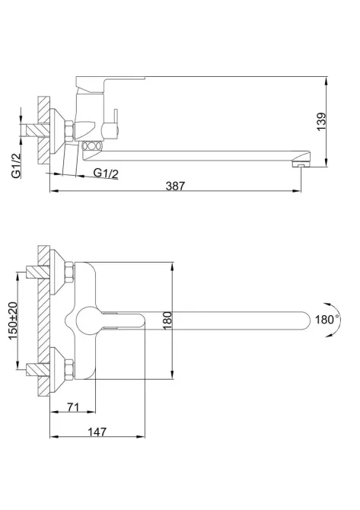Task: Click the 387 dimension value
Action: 175,186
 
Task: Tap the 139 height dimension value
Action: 321,122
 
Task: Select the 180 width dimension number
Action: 167,320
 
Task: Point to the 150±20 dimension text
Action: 13,320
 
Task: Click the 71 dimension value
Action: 73,406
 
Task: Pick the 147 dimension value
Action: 97,432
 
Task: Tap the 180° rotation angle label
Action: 327,320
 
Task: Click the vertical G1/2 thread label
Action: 16,165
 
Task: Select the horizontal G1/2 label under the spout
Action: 106,173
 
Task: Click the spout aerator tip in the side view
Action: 301,163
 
